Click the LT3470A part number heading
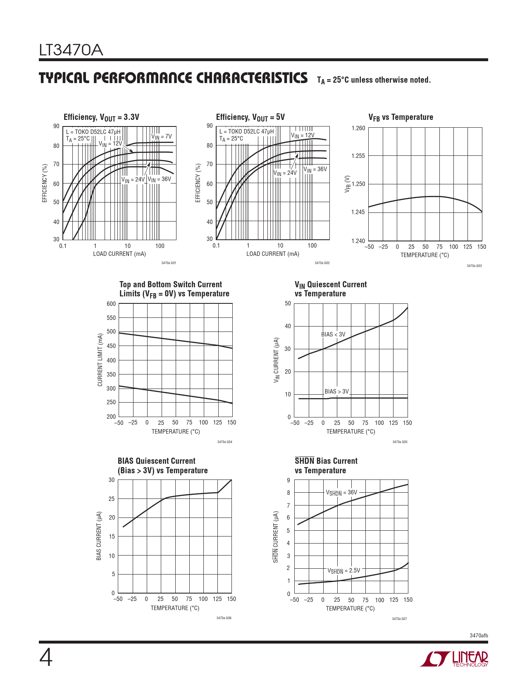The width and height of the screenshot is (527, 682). [x=71, y=50]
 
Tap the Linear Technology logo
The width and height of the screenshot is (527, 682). [x=454, y=659]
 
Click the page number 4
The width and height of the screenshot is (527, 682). [x=46, y=658]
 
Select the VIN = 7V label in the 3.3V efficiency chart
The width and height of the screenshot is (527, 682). [x=161, y=137]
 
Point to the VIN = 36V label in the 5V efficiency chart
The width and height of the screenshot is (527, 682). [x=315, y=169]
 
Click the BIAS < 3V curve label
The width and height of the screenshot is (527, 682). [x=333, y=334]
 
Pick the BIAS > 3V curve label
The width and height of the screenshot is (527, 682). [x=336, y=391]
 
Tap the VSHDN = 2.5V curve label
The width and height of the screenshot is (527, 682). [x=343, y=571]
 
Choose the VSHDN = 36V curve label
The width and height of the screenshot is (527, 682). [x=341, y=493]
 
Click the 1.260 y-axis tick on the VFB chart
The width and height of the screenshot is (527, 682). [x=358, y=128]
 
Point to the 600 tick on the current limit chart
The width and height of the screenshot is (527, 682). [x=111, y=304]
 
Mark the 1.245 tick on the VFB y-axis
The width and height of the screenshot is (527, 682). [x=358, y=212]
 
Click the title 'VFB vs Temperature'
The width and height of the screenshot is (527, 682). [x=401, y=117]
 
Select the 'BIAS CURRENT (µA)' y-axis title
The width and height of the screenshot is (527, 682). [x=99, y=536]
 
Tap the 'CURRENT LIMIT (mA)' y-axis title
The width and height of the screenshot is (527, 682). [x=100, y=360]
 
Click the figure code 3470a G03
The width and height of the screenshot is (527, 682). [x=474, y=266]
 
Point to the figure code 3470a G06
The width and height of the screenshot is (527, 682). [x=224, y=618]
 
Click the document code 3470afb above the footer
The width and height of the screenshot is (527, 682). [x=479, y=635]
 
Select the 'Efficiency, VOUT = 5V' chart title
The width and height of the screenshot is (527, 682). [x=250, y=117]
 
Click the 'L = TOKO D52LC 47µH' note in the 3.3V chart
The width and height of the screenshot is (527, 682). [x=93, y=132]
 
